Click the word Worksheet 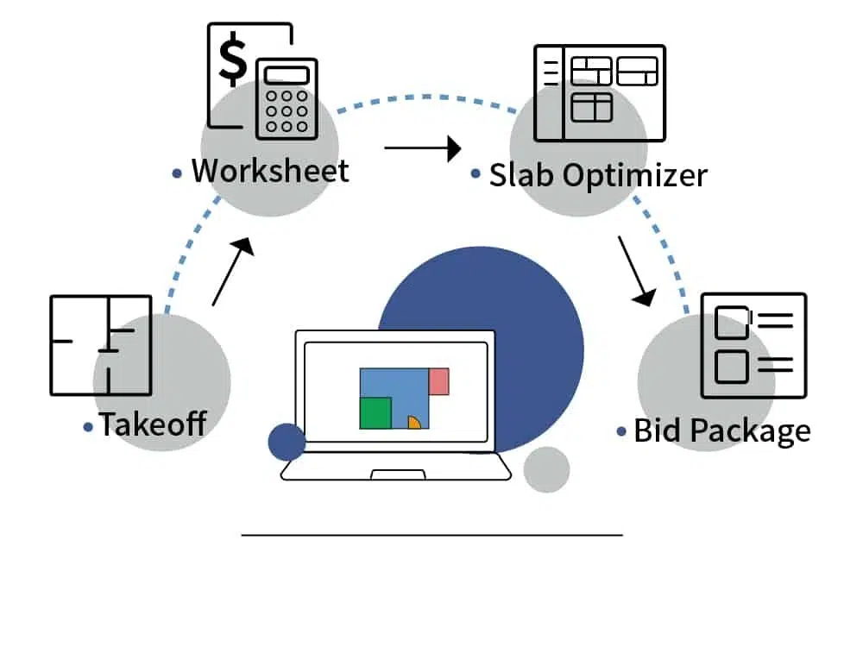(270, 170)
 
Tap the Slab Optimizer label (598, 175)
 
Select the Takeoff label (153, 424)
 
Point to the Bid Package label (722, 430)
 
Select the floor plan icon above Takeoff (101, 345)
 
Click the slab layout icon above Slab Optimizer (600, 93)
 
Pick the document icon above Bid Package (753, 345)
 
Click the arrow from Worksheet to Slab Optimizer (423, 148)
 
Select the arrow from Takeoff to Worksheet (233, 271)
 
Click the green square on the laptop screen (375, 412)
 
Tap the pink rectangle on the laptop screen (438, 381)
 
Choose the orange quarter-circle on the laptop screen (414, 422)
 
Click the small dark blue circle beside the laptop (287, 442)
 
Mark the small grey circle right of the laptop (546, 469)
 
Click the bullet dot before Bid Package (621, 431)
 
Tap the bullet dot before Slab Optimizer (476, 174)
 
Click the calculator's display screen (287, 75)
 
